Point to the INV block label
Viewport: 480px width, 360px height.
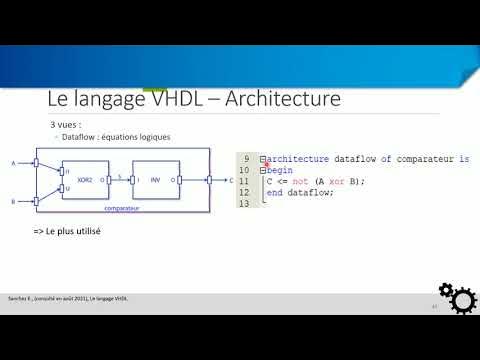click(155, 180)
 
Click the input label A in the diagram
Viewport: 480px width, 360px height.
click(13, 162)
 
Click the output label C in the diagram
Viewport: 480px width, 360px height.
click(230, 181)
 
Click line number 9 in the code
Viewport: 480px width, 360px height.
click(245, 159)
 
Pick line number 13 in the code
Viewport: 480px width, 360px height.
click(244, 203)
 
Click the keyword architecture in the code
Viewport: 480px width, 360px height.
click(301, 159)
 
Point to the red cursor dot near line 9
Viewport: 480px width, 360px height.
click(268, 164)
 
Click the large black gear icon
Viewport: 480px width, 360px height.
click(461, 299)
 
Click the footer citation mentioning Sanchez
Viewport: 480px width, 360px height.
click(70, 298)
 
